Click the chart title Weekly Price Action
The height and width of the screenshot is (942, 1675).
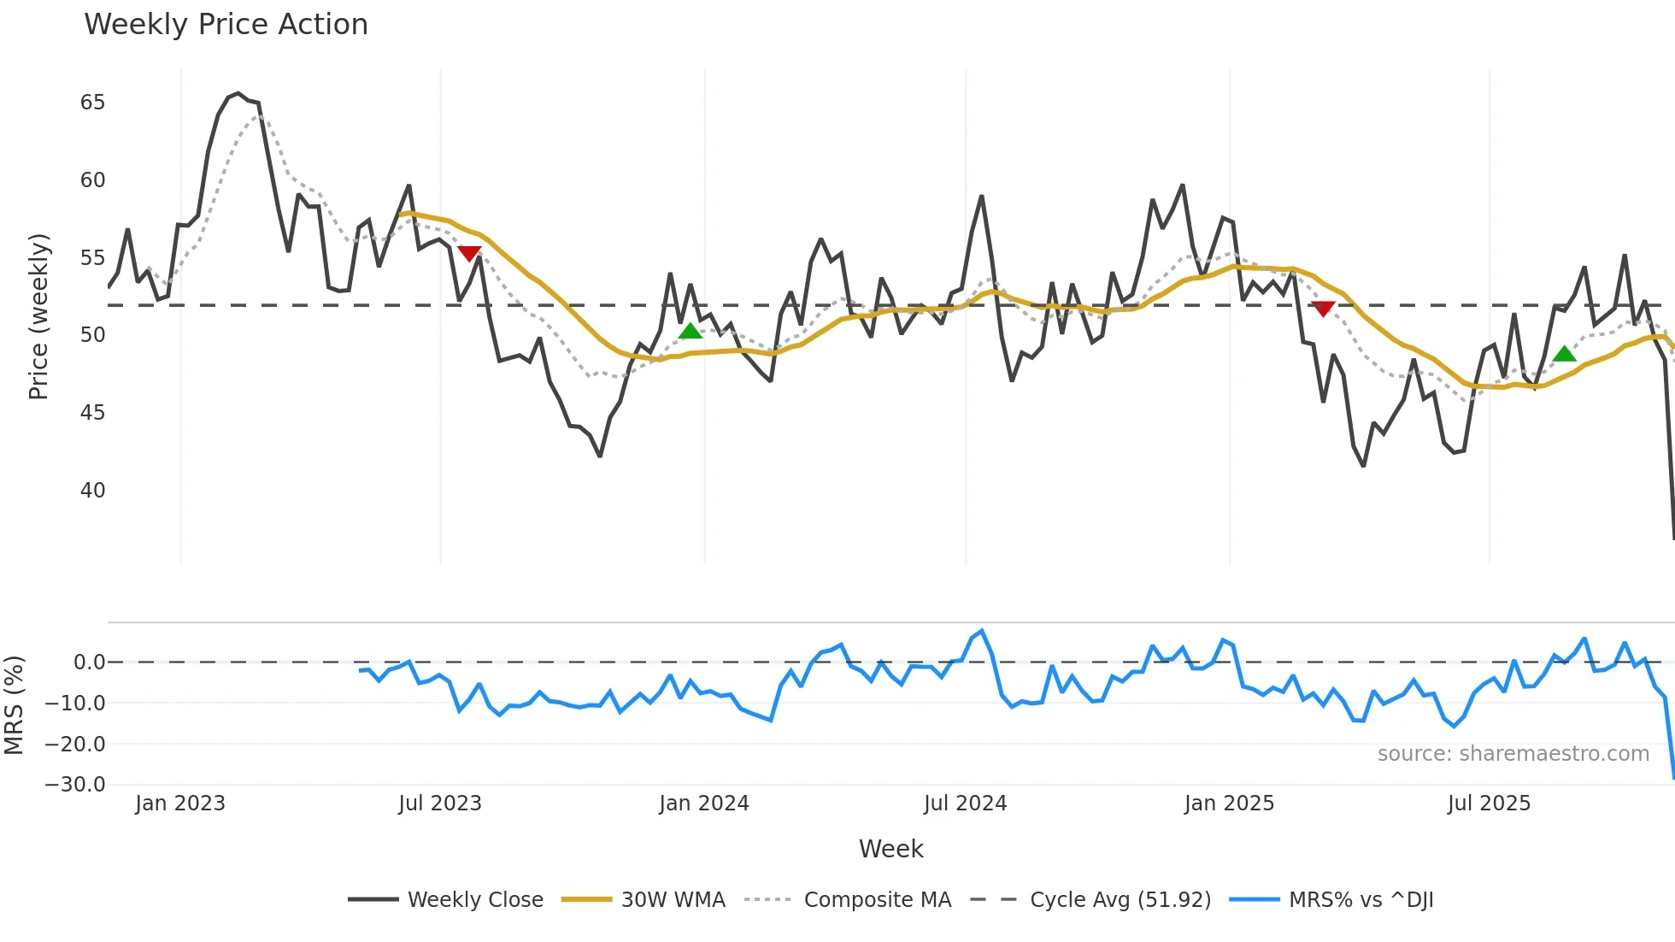tap(226, 25)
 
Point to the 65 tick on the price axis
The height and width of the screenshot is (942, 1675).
tap(92, 103)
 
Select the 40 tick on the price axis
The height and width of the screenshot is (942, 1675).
tap(92, 491)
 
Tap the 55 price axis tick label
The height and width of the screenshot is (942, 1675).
tap(92, 258)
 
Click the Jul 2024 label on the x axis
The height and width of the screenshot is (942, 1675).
tap(965, 804)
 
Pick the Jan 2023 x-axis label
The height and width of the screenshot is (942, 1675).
tap(179, 804)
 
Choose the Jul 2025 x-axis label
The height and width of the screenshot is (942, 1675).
tap(1489, 804)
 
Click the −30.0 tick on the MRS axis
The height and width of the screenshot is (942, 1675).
tap(74, 785)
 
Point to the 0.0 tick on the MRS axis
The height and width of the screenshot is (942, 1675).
tap(89, 662)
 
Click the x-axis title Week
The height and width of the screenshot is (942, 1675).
tap(890, 849)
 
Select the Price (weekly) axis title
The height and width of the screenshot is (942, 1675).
tap(38, 316)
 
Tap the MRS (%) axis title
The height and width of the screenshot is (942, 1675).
tap(14, 705)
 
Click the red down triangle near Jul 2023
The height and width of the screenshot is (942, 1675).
tap(469, 253)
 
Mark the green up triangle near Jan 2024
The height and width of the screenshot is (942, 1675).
tap(690, 332)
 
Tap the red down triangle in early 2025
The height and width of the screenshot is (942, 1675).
tap(1323, 309)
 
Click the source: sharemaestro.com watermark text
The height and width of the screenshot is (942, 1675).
tap(1513, 754)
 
